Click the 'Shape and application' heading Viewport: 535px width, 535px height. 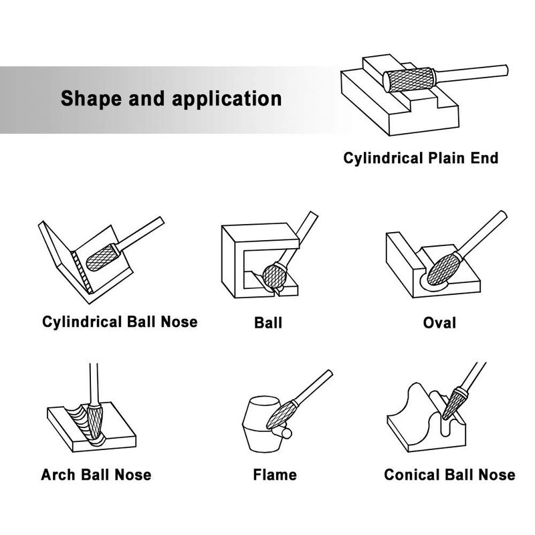(171, 98)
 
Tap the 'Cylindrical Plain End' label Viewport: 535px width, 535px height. (421, 158)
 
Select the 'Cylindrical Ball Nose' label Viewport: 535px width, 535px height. (120, 322)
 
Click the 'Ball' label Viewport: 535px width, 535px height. (268, 323)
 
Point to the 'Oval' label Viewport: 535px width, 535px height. (439, 323)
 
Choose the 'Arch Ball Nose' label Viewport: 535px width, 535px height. (96, 475)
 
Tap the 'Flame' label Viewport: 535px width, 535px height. (275, 475)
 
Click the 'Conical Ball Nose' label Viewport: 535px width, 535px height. (449, 475)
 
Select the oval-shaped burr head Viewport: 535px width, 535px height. (443, 270)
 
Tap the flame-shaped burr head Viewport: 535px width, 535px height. (279, 415)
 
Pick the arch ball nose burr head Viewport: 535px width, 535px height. (94, 422)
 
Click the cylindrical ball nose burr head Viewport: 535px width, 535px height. (101, 257)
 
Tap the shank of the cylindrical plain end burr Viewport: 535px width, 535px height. (471, 74)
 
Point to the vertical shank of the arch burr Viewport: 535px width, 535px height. (94, 384)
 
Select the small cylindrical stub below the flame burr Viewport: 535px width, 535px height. (283, 433)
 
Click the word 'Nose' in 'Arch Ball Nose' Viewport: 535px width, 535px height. (132, 475)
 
